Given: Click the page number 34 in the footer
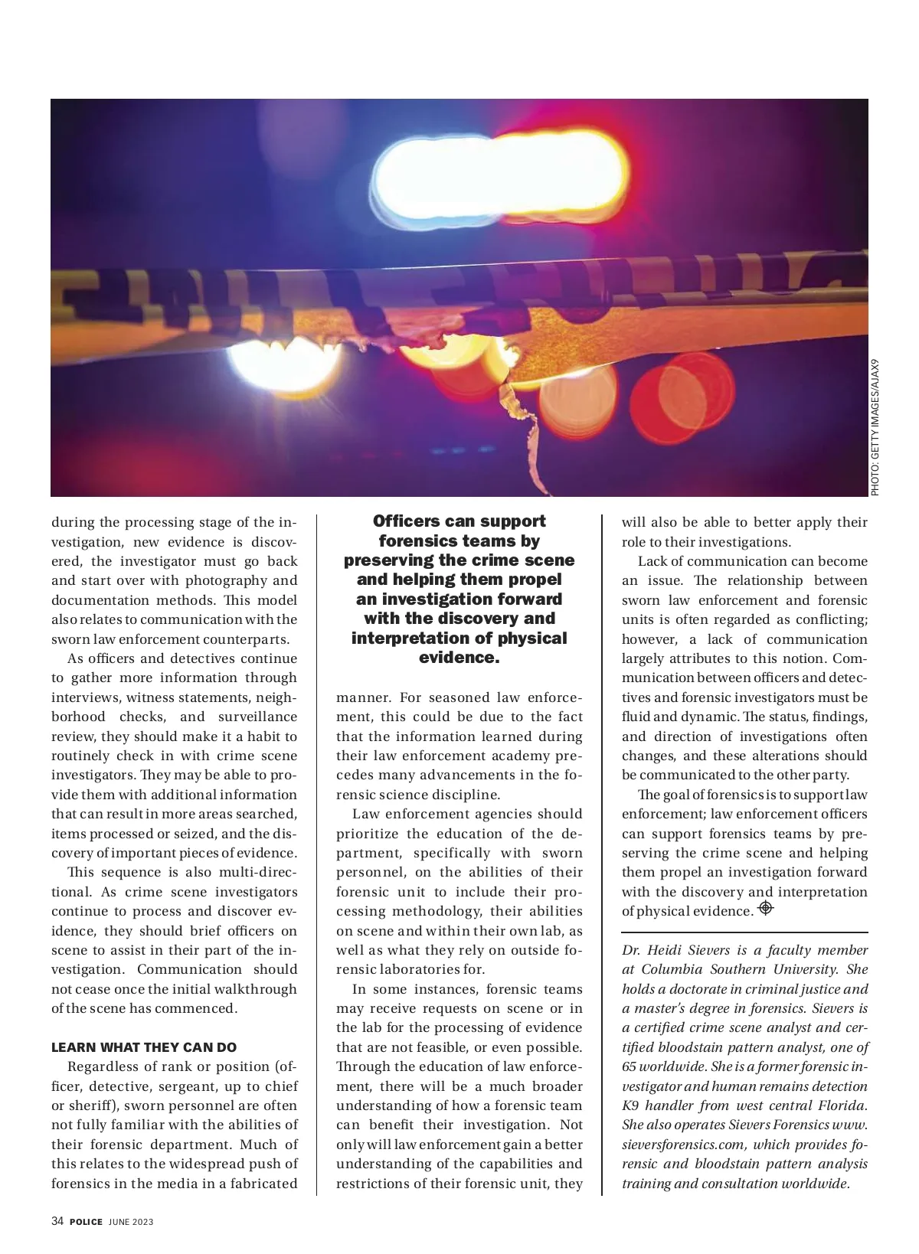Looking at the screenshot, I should click(57, 1221).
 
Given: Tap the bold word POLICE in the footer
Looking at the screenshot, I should click(86, 1222).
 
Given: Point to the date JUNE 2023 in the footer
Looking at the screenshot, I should click(131, 1222).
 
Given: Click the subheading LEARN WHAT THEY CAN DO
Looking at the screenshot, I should click(144, 1047).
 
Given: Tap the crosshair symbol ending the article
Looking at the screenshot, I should click(765, 909).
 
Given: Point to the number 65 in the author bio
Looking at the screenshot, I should click(630, 1066).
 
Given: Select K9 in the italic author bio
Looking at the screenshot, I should click(630, 1105).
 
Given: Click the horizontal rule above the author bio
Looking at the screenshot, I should click(744, 932).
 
